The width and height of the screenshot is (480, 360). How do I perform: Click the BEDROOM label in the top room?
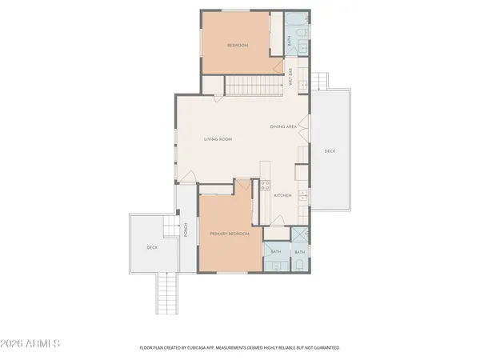tap(238, 46)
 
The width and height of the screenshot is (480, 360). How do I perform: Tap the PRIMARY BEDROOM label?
tap(230, 234)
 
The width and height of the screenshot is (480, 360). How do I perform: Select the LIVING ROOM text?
tap(218, 139)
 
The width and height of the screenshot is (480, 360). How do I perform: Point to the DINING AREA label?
tap(283, 126)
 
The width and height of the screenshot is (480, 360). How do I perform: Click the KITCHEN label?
tap(282, 195)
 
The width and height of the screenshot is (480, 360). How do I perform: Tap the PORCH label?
tap(186, 230)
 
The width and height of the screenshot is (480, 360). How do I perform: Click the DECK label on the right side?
tap(330, 150)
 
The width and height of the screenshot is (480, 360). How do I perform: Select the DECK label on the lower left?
tap(151, 247)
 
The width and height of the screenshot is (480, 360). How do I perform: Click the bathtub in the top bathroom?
tap(277, 32)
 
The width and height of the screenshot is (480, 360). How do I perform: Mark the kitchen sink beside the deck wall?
tap(303, 196)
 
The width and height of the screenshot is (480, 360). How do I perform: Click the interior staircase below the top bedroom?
tap(251, 84)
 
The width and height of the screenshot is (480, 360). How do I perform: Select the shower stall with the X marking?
tap(299, 235)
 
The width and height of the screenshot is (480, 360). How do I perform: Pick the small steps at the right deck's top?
tap(319, 81)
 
